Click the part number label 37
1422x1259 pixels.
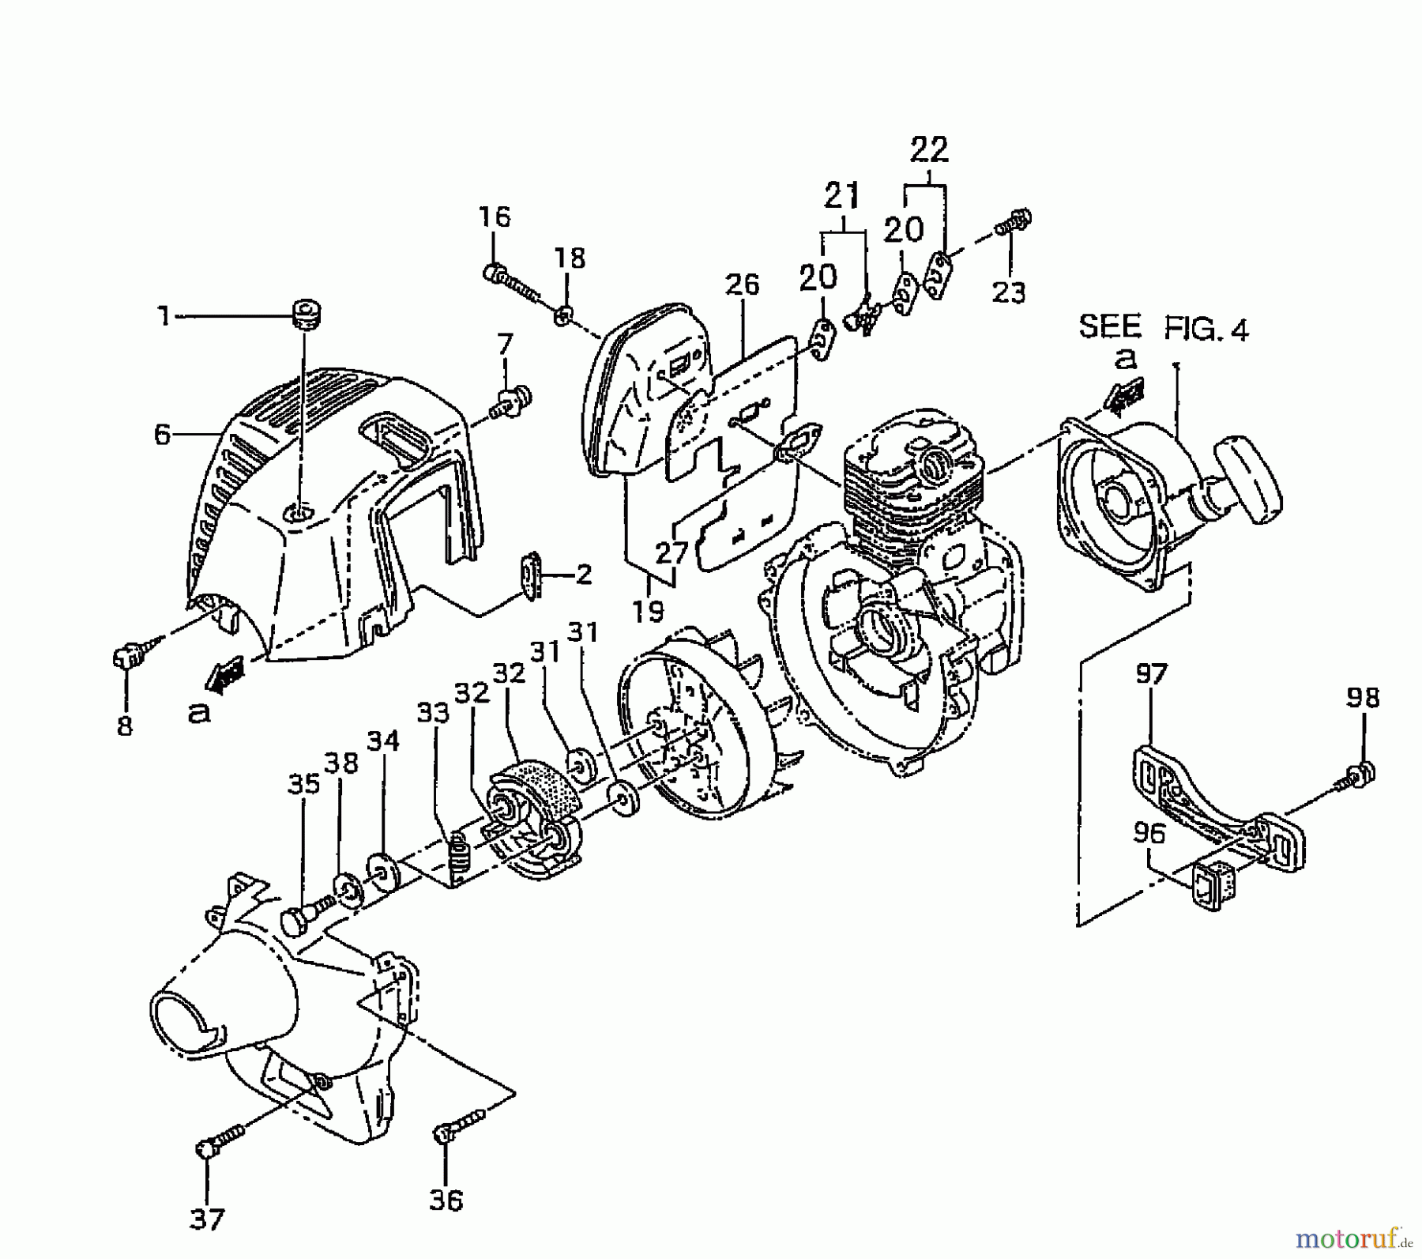(x=207, y=1219)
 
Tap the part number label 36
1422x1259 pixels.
(x=446, y=1201)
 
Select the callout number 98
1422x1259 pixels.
(x=1362, y=698)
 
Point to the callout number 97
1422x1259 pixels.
(x=1151, y=674)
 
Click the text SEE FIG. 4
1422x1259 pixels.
(x=1164, y=327)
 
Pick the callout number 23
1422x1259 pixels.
(x=1009, y=292)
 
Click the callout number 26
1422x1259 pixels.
(x=743, y=285)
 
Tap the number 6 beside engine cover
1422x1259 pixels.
(x=162, y=434)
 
